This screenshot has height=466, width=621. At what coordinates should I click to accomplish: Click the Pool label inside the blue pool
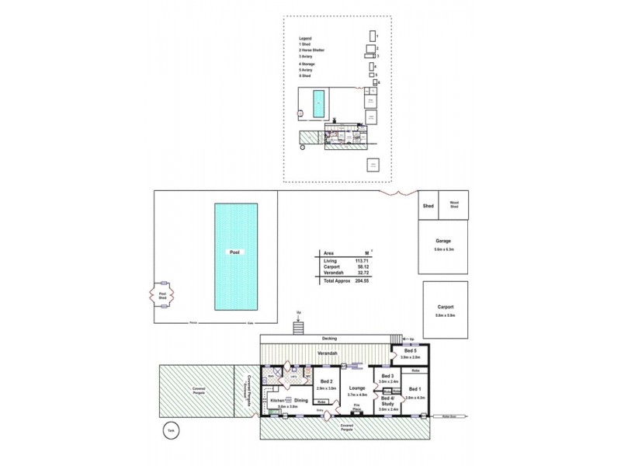[x=234, y=253]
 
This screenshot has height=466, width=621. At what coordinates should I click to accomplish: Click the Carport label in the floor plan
[x=446, y=308]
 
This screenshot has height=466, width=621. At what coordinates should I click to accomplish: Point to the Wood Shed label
[x=454, y=206]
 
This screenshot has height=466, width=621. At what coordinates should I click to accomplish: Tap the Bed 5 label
[x=411, y=351]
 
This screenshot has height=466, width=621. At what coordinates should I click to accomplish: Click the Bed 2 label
[x=327, y=381]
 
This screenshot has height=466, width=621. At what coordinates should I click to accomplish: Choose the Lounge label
[x=358, y=387]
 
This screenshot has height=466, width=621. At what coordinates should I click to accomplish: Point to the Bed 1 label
[x=415, y=389]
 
